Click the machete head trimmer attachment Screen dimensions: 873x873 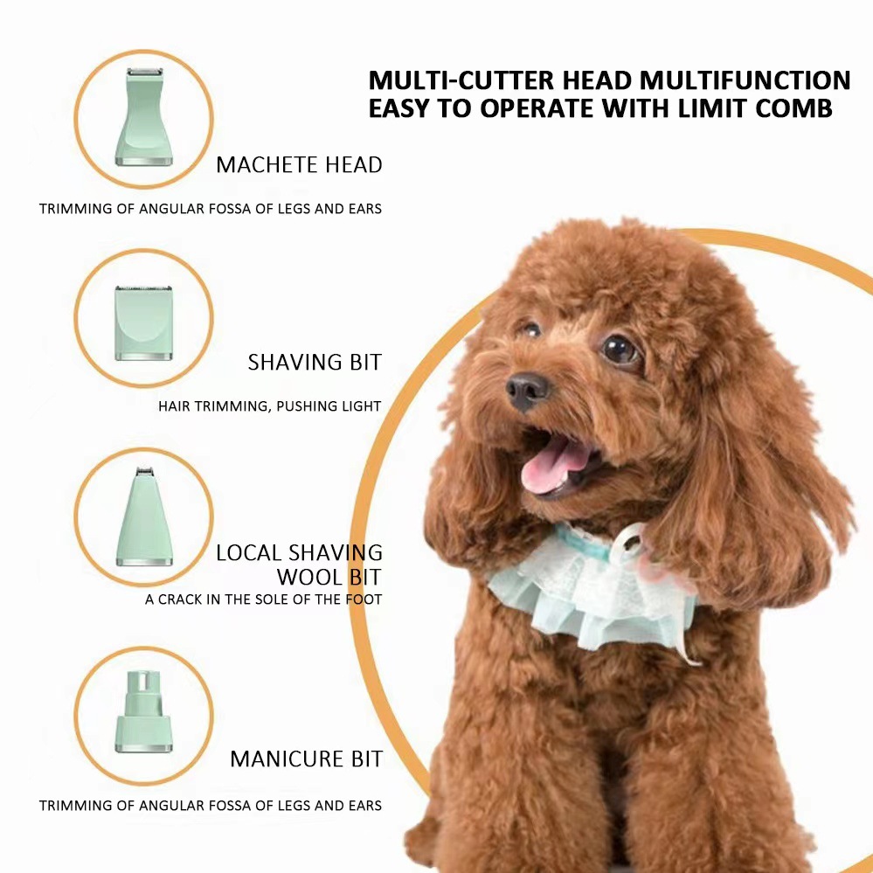pyautogui.click(x=143, y=117)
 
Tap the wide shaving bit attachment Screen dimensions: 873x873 pyautogui.click(x=143, y=323)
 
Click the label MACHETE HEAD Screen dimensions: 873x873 pyautogui.click(x=299, y=165)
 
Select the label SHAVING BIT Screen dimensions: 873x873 pyautogui.click(x=315, y=363)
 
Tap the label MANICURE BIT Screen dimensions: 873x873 pyautogui.click(x=306, y=759)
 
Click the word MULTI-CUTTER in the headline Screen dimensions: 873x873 pyautogui.click(x=461, y=80)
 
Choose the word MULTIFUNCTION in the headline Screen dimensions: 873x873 pyautogui.click(x=745, y=80)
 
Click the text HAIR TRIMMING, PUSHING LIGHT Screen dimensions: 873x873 pyautogui.click(x=269, y=406)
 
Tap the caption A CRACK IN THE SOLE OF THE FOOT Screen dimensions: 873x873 pyautogui.click(x=263, y=599)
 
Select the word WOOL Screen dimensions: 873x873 pyautogui.click(x=309, y=578)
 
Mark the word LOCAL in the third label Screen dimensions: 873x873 pyautogui.click(x=248, y=553)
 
